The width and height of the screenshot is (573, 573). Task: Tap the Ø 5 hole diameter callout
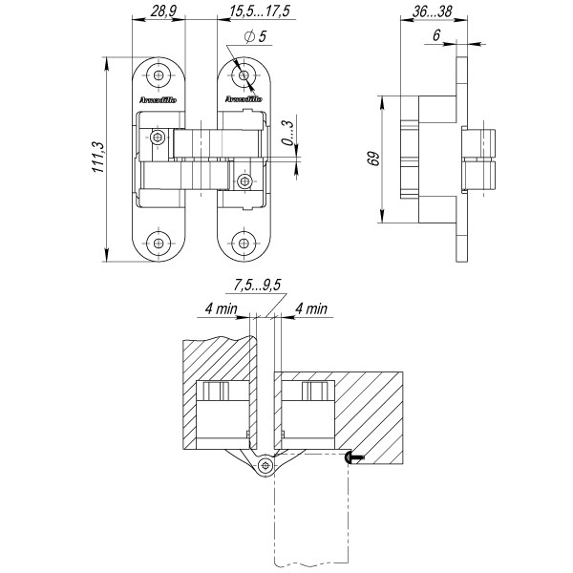tap(256, 36)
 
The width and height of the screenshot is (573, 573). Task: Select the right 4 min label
tap(310, 308)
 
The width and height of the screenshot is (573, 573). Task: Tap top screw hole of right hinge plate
tap(244, 74)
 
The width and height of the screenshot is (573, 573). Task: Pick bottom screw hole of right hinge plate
tap(244, 244)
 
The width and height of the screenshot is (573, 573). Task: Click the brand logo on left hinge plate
tap(157, 98)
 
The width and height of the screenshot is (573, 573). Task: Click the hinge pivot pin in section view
tap(265, 464)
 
